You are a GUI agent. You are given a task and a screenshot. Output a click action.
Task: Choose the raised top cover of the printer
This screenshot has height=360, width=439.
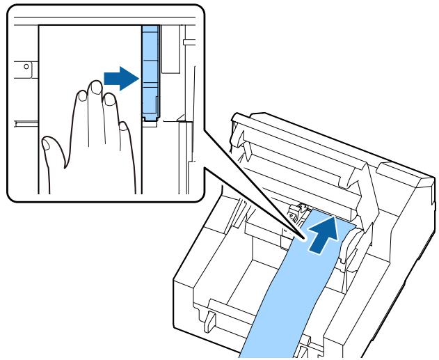click(299, 160)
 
